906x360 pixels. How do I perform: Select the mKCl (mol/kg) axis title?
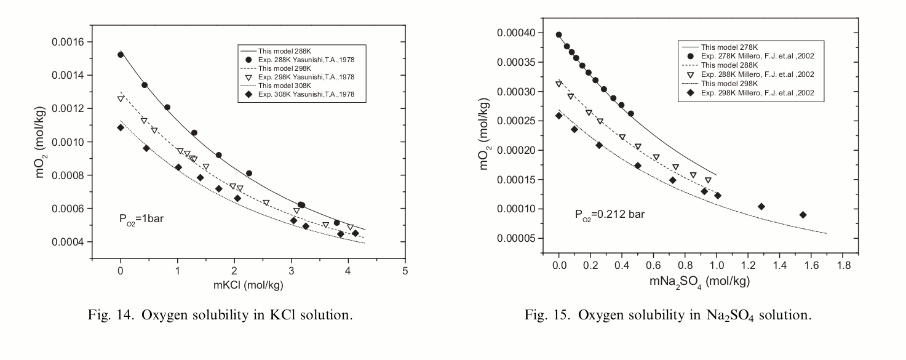(x=247, y=286)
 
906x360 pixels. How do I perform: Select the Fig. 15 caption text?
(x=668, y=316)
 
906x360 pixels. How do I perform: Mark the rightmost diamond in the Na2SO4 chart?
(x=803, y=215)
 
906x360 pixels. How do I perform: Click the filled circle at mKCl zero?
(x=121, y=55)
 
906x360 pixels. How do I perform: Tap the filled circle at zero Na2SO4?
(x=558, y=35)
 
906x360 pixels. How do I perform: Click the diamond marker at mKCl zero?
(x=121, y=127)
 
